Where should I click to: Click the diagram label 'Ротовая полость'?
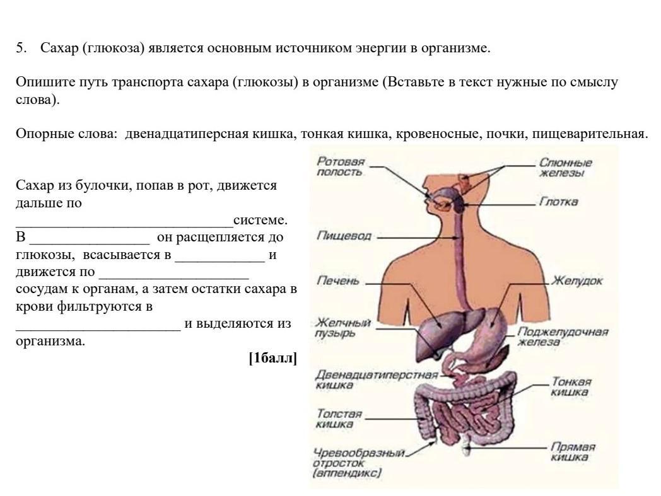point(341,166)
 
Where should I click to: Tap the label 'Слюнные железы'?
point(566,167)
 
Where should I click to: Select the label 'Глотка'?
point(559,202)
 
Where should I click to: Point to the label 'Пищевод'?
point(344,236)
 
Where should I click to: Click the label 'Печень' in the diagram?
point(337,280)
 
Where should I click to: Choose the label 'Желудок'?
point(577,280)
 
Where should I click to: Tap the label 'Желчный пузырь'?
point(343,328)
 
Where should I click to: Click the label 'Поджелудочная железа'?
point(563,337)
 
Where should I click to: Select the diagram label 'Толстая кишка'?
point(339,418)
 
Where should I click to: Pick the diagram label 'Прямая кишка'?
point(573,452)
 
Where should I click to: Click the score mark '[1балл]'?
point(272,358)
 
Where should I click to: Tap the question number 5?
point(21,48)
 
